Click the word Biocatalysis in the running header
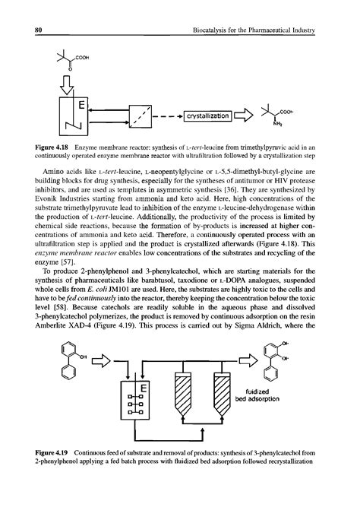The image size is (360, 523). [206, 30]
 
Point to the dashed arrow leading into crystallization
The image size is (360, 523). [170, 116]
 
